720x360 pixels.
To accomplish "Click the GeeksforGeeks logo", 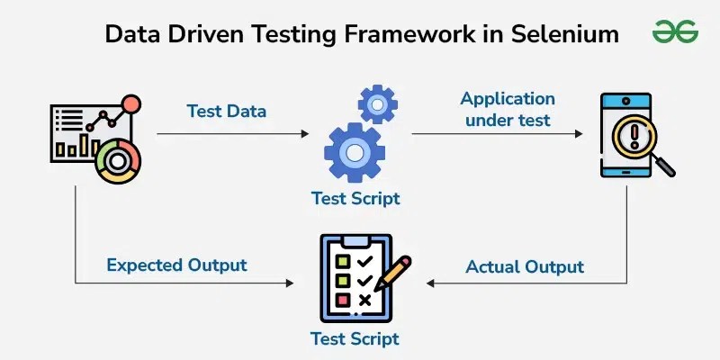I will click(x=675, y=32).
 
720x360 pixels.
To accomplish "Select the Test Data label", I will click(x=227, y=111).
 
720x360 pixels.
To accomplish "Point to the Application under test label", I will click(x=508, y=109).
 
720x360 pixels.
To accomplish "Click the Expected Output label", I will click(x=176, y=265).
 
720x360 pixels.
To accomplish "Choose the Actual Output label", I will click(x=525, y=266).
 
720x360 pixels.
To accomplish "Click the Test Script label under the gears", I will click(x=355, y=198).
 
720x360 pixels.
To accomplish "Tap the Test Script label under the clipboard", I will click(x=355, y=339).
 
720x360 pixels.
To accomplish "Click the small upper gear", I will click(x=377, y=104).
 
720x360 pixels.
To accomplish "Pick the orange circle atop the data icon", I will click(x=131, y=104).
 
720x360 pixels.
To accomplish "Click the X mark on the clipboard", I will click(x=364, y=300).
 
